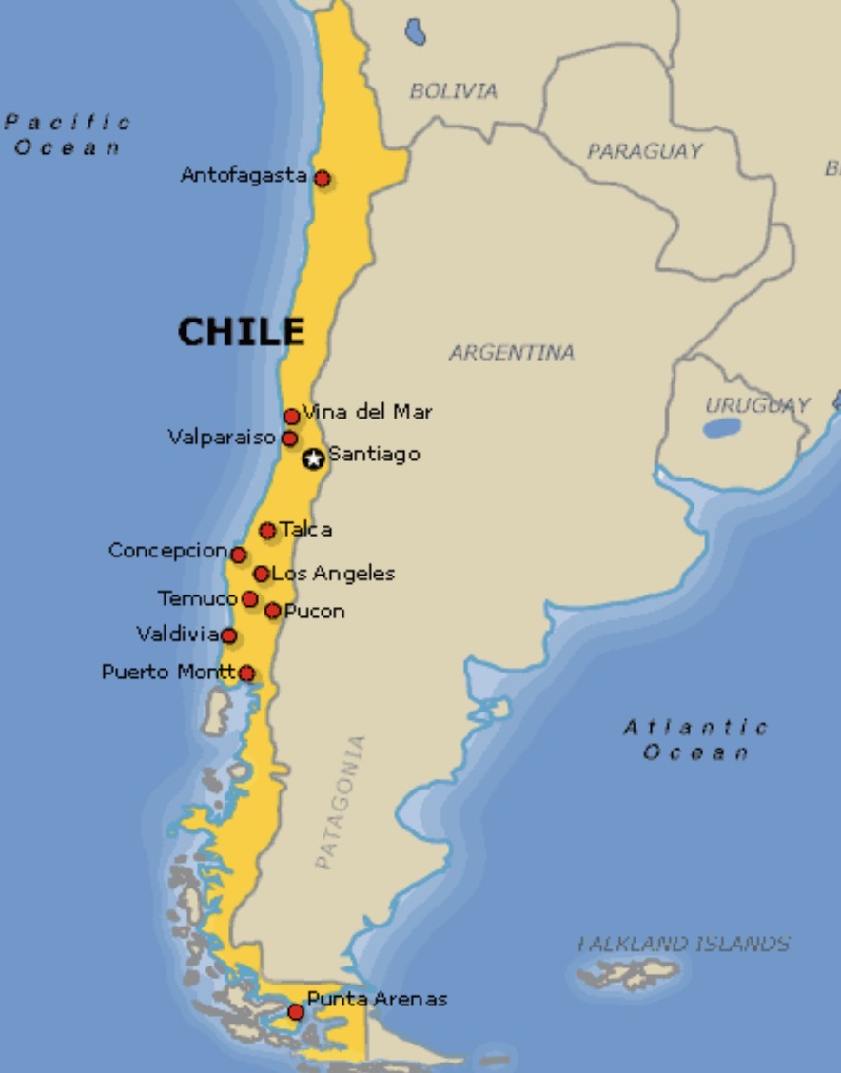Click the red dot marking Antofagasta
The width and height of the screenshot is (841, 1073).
323,178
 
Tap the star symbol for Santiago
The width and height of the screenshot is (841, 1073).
313,458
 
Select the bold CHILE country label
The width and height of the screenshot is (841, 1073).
242,332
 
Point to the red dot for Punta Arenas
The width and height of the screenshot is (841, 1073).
296,1012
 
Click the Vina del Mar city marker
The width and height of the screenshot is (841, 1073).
291,417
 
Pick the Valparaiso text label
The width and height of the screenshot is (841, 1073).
223,438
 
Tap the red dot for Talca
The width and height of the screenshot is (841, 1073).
267,531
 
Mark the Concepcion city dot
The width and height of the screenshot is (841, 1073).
238,555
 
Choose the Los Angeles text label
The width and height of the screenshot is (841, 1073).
333,574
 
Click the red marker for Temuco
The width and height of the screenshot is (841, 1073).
249,599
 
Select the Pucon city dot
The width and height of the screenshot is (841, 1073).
273,611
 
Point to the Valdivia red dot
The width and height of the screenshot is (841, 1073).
228,635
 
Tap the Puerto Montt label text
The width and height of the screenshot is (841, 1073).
168,673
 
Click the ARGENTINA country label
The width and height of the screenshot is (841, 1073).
512,353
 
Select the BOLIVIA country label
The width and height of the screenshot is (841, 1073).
453,91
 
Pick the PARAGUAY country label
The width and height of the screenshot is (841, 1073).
644,151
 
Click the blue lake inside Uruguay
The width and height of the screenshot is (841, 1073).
722,428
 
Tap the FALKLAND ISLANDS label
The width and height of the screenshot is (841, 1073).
684,944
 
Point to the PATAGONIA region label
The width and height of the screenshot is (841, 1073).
340,802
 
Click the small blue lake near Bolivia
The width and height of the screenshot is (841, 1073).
415,32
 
